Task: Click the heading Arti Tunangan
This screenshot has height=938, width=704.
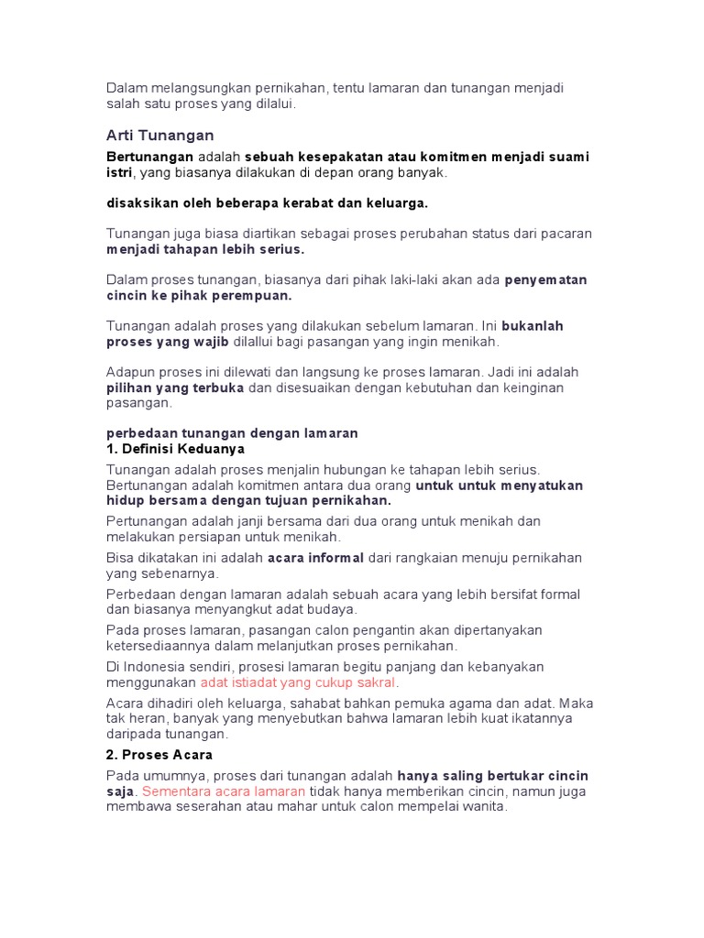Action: (x=160, y=136)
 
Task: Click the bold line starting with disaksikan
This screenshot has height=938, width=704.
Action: (x=268, y=202)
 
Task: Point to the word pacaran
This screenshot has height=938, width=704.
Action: (x=566, y=234)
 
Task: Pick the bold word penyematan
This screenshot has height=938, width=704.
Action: (x=545, y=280)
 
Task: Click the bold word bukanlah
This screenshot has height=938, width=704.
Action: (x=533, y=326)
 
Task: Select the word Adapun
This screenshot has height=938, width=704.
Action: (x=131, y=373)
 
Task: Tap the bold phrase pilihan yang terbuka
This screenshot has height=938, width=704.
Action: (x=175, y=387)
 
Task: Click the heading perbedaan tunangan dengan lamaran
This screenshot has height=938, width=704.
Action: (x=232, y=433)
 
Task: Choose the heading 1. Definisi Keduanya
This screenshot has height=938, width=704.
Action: (x=176, y=449)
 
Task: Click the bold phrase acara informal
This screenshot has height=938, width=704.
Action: (x=315, y=558)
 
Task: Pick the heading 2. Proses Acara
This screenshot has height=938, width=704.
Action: (x=159, y=755)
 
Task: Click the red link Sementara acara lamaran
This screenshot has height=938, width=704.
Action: (x=224, y=791)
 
